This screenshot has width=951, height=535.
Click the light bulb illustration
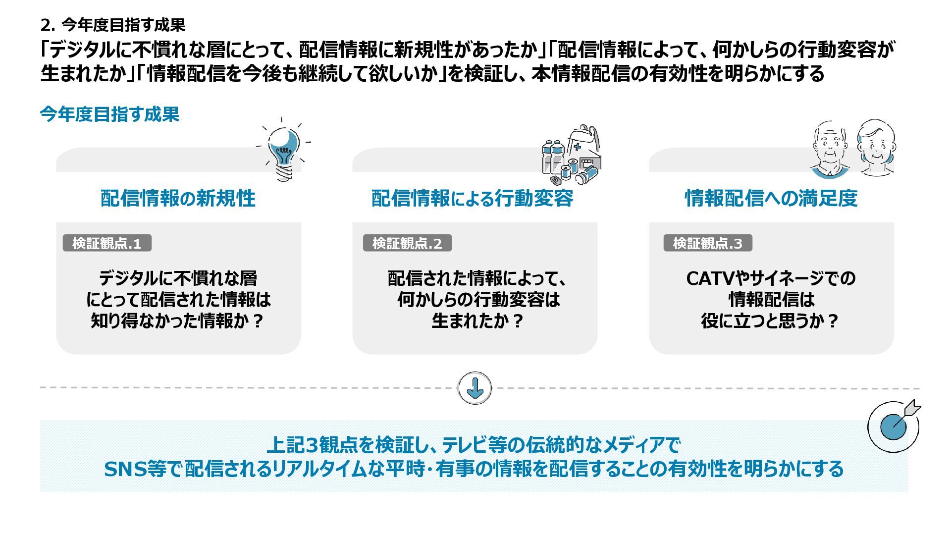pos(283,148)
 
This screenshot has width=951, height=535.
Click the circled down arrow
pos(475,388)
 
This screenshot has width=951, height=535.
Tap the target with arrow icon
pos(894,426)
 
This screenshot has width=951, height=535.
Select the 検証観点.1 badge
pos(107,243)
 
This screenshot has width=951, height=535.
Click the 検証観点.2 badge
pos(407,243)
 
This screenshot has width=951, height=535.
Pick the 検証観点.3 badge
pos(708,243)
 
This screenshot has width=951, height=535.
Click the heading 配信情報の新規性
pos(178,198)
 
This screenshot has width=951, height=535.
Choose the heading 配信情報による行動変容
pos(473,198)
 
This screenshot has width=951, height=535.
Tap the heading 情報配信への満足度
pos(771,198)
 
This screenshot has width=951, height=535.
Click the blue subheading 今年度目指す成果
pos(109,114)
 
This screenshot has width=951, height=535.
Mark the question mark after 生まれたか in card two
pos(517,321)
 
